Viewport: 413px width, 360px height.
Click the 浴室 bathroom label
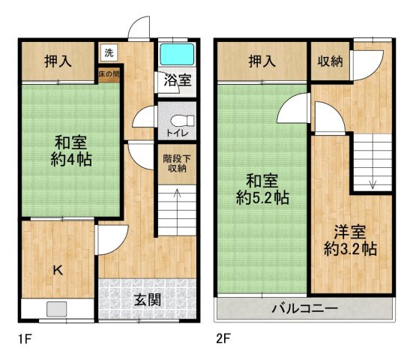[177, 81]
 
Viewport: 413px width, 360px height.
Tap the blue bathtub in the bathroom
[177, 55]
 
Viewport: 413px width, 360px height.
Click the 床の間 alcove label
[108, 74]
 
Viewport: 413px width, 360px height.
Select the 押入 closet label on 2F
[262, 61]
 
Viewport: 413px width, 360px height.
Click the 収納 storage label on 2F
[330, 61]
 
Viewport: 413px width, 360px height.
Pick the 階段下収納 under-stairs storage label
[176, 163]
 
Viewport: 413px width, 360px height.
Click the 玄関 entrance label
[148, 300]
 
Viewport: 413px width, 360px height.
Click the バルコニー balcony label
[304, 307]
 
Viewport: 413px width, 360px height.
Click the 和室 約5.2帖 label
[262, 189]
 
